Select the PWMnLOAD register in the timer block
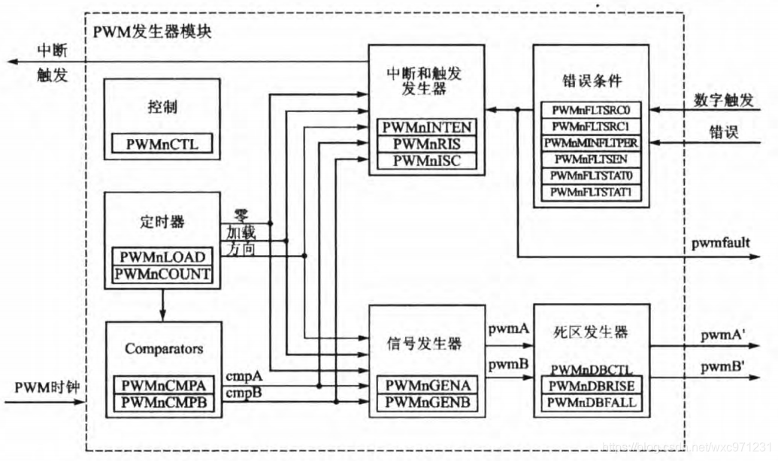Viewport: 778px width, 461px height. pyautogui.click(x=162, y=257)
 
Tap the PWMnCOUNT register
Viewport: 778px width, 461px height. pyautogui.click(x=162, y=274)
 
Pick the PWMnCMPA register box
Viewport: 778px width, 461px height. pyautogui.click(x=163, y=386)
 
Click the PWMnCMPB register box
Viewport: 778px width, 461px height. pyautogui.click(x=163, y=403)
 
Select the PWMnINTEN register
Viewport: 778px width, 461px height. pyautogui.click(x=427, y=126)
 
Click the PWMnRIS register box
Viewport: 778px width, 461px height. pyautogui.click(x=427, y=143)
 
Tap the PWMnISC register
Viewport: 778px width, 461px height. pyautogui.click(x=427, y=159)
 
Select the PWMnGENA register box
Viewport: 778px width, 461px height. pyautogui.click(x=427, y=386)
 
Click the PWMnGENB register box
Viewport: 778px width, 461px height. pyautogui.click(x=427, y=403)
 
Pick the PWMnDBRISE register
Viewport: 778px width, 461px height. pyautogui.click(x=592, y=386)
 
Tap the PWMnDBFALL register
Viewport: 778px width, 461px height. pyautogui.click(x=592, y=403)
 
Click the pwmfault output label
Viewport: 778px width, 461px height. pyautogui.click(x=720, y=242)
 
